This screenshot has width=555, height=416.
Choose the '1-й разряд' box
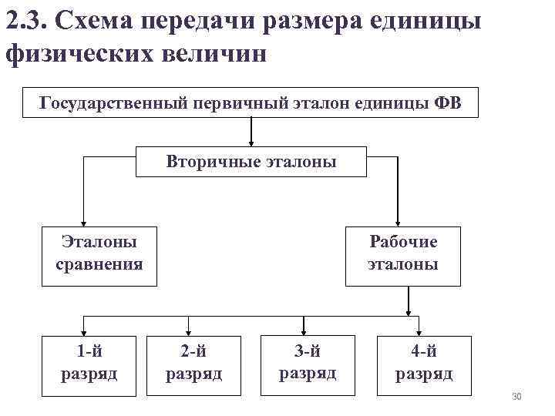tap(89, 362)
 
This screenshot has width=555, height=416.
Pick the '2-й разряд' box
tap(193, 362)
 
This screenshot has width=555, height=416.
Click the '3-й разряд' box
tap(308, 362)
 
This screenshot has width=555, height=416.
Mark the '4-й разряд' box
tap(424, 362)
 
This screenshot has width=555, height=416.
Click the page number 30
tap(517, 397)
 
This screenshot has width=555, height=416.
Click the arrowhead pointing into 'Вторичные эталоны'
tap(251, 142)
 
